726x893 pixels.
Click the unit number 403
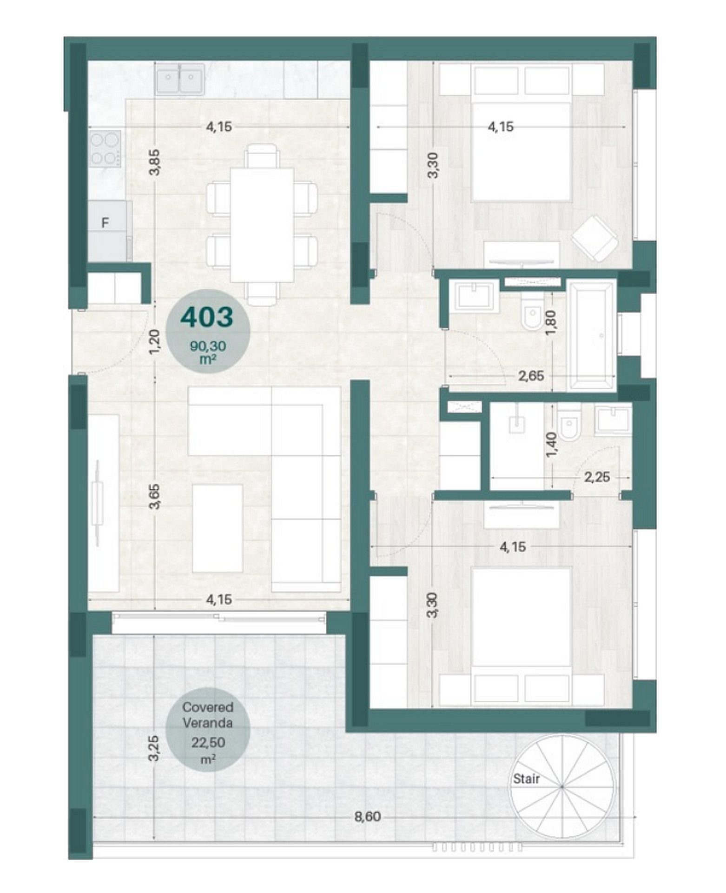(206, 317)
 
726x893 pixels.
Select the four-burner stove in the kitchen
(106, 149)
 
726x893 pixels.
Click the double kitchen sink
(179, 79)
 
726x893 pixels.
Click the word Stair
(526, 779)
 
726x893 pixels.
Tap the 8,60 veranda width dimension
(367, 817)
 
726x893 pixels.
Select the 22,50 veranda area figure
(208, 743)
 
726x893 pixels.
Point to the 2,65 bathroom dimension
(531, 376)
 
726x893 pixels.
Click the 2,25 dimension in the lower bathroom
(597, 477)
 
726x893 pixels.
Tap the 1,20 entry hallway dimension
(155, 341)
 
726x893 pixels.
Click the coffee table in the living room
(218, 528)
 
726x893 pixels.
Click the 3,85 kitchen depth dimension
(155, 161)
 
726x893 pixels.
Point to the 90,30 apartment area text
(208, 346)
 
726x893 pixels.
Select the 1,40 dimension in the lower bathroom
(552, 444)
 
